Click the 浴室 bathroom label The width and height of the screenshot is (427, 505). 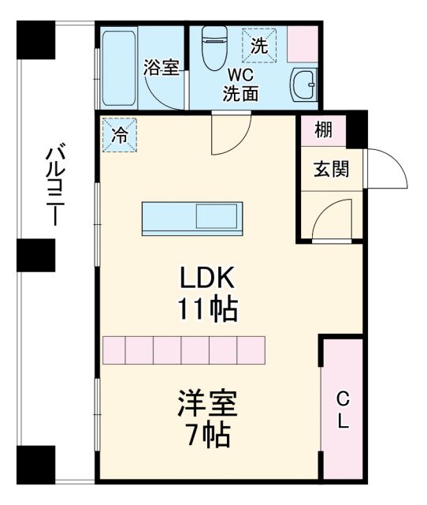click(x=162, y=68)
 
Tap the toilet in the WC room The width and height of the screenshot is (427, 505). click(x=214, y=47)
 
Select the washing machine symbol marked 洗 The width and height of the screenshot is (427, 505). click(x=259, y=46)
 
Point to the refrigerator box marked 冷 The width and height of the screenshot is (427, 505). click(x=119, y=134)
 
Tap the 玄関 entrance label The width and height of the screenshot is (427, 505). click(x=329, y=169)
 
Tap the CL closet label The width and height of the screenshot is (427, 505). click(x=343, y=409)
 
